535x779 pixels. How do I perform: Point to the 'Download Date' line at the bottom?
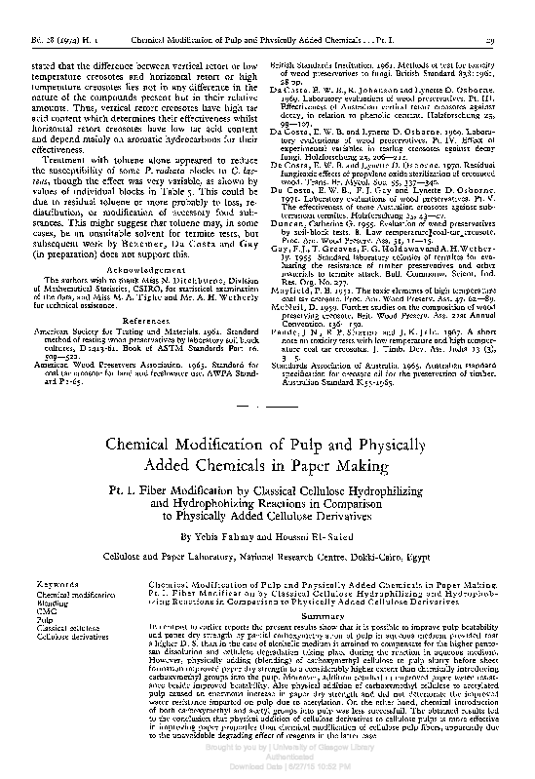267,770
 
